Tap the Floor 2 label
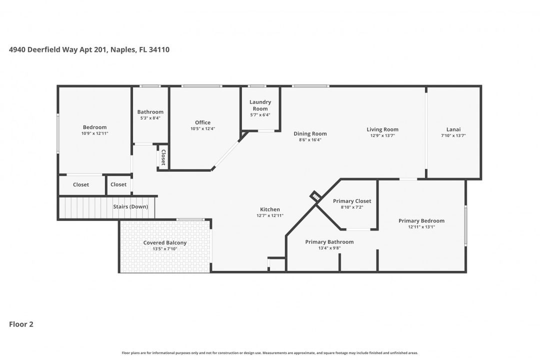click(x=21, y=324)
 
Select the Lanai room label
click(x=453, y=129)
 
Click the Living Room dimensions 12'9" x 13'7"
click(x=382, y=135)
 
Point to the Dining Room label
click(x=310, y=133)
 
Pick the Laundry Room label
click(x=260, y=105)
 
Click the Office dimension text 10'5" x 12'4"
click(x=202, y=129)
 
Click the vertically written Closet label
click(x=163, y=157)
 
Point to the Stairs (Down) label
click(x=130, y=206)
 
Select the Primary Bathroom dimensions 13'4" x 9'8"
click(x=329, y=248)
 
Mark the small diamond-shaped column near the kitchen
click(x=315, y=196)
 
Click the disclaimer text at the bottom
click(x=269, y=352)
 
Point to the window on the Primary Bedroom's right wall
click(x=466, y=225)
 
